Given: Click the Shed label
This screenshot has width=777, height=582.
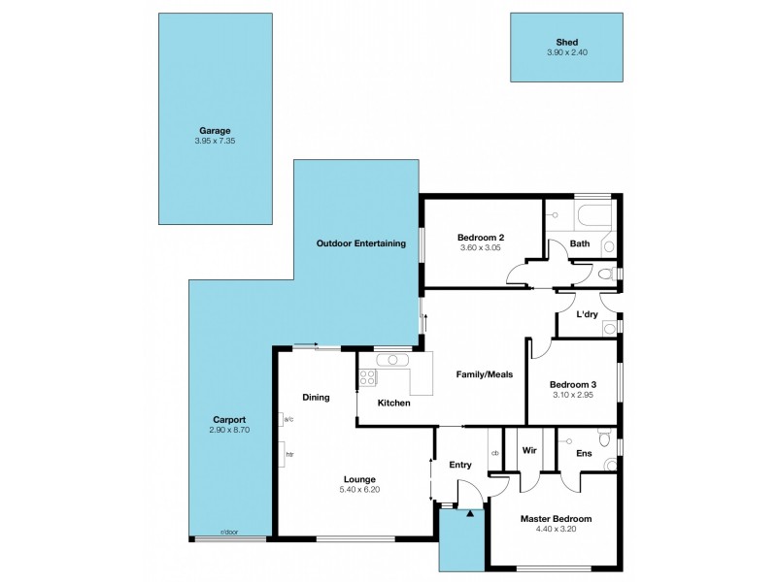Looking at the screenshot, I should pyautogui.click(x=566, y=42).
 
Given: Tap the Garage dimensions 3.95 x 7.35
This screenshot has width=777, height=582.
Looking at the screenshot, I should pyautogui.click(x=215, y=141).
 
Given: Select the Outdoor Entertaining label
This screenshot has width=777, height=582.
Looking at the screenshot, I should pyautogui.click(x=360, y=243).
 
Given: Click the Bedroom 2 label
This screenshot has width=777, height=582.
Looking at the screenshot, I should pyautogui.click(x=480, y=236).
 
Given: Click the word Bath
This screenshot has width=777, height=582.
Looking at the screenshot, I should pyautogui.click(x=580, y=243).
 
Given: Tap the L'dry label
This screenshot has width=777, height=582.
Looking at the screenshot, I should pyautogui.click(x=587, y=315).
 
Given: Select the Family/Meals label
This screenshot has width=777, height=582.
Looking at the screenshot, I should pyautogui.click(x=485, y=373).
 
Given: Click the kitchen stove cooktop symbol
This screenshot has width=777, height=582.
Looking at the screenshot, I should pyautogui.click(x=368, y=378).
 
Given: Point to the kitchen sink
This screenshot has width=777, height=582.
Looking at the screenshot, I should pyautogui.click(x=393, y=360).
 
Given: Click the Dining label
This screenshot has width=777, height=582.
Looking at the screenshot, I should pyautogui.click(x=316, y=397).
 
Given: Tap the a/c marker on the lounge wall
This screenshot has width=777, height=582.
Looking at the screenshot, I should pyautogui.click(x=288, y=419).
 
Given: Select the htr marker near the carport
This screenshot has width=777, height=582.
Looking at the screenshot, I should pyautogui.click(x=288, y=453).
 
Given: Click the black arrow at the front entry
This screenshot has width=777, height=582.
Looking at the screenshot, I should pyautogui.click(x=471, y=516).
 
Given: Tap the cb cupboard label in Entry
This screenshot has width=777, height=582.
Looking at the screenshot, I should pyautogui.click(x=494, y=453).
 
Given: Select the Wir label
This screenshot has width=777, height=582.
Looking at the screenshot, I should pyautogui.click(x=530, y=451).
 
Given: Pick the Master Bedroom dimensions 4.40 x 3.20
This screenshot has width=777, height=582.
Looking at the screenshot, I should pyautogui.click(x=556, y=530).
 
